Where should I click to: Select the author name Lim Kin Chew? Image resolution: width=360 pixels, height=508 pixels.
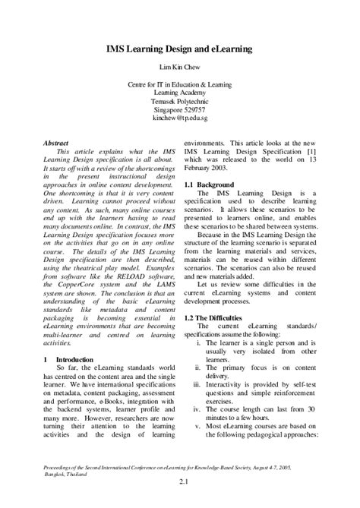coord(179,67)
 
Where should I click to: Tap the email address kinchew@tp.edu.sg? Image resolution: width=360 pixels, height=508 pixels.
coord(179,120)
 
